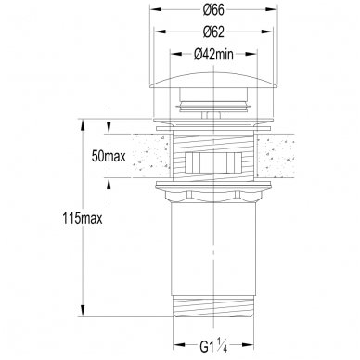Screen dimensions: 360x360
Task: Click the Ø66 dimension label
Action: point(213,10)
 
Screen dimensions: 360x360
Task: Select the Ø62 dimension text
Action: point(213,32)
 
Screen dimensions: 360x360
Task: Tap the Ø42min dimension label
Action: point(213,55)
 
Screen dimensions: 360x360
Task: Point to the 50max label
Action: point(109,157)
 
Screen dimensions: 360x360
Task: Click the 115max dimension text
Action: point(83,219)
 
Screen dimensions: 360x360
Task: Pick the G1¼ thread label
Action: point(213,346)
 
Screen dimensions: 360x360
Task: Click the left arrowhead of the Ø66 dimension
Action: point(155,9)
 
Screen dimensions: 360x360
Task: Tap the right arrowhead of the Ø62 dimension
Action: point(267,32)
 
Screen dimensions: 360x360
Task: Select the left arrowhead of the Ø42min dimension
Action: point(176,54)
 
